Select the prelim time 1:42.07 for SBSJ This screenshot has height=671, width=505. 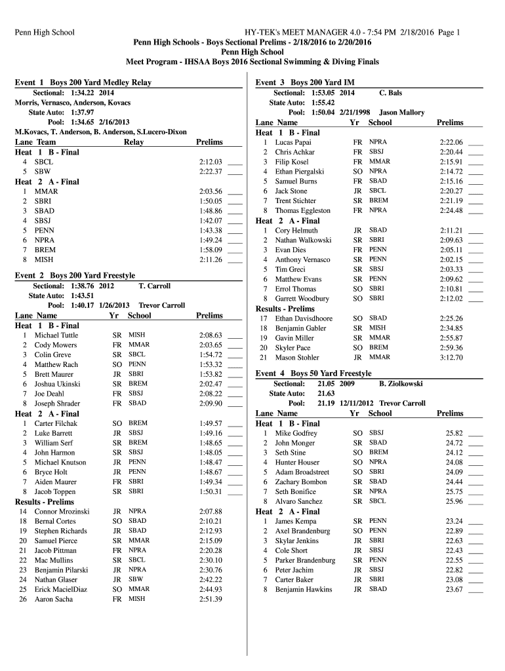click(211, 221)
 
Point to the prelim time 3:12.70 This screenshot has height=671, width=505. click(451, 358)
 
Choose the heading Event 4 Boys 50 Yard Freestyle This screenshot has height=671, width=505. click(313, 374)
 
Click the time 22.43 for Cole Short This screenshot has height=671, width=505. click(454, 550)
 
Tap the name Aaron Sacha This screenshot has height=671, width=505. click(54, 599)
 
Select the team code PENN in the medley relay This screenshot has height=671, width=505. click(45, 231)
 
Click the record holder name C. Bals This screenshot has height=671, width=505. click(391, 93)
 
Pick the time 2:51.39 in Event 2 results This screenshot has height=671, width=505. click(211, 599)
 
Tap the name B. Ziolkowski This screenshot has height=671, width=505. click(401, 384)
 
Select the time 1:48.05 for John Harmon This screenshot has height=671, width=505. click(211, 452)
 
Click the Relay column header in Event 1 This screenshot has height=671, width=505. click(134, 142)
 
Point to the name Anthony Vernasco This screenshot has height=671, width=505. click(302, 259)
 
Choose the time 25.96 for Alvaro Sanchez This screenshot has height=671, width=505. click(454, 501)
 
